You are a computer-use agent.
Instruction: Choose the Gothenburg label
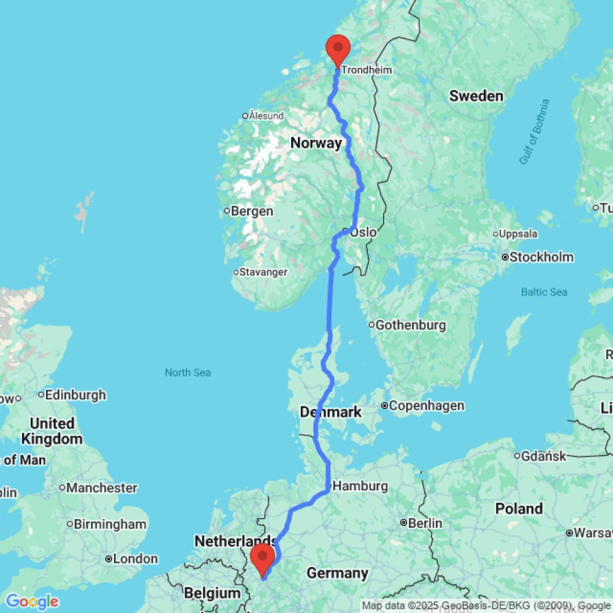(x=410, y=325)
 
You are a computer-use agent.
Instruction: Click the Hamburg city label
(x=361, y=486)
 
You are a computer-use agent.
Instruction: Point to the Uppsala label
(x=519, y=234)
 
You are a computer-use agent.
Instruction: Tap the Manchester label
(x=102, y=488)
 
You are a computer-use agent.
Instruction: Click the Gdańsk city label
(x=542, y=455)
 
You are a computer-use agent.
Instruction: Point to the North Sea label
(x=188, y=372)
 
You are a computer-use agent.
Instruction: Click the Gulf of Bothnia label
(x=534, y=132)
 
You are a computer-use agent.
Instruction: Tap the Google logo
(x=31, y=601)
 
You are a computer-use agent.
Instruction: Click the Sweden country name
(x=476, y=96)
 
